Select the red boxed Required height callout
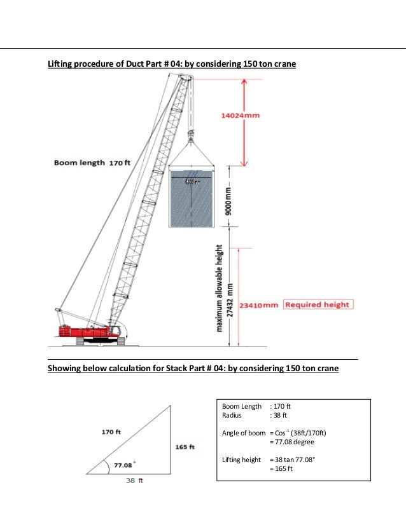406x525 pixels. pos(318,304)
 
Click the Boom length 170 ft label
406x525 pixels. pos(92,163)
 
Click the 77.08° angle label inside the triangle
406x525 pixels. pos(123,465)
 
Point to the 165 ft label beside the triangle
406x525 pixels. pos(185,447)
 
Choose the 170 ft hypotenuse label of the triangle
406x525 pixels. pos(112,432)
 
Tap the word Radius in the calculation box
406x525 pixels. pos(232,415)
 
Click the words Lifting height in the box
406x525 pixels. pos(242,460)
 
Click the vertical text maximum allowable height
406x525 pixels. pos(219,288)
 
